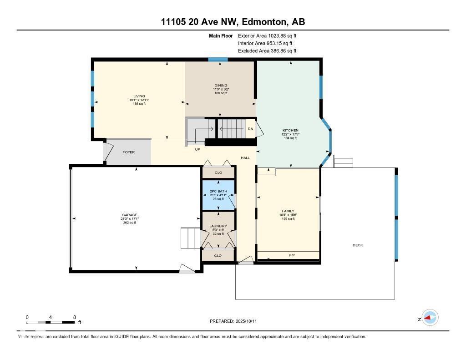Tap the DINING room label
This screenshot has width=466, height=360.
pos(220,86)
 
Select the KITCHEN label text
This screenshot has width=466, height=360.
pos(290,131)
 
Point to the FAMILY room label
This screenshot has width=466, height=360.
pos(288,211)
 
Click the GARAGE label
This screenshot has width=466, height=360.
pos(129,215)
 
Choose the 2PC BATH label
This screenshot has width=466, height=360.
pos(218,191)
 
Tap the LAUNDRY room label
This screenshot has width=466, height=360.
pos(218,226)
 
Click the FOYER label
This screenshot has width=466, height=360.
pos(129,152)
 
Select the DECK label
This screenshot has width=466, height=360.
pos(358,245)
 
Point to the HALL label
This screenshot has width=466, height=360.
pos(245,157)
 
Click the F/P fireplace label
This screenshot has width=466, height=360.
pos(292,255)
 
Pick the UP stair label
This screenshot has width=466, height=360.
pos(198,149)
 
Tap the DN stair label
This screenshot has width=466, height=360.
pos(250,129)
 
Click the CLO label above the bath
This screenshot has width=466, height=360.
pos(218,173)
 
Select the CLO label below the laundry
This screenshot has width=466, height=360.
pos(218,256)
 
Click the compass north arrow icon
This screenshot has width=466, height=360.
pos(430,318)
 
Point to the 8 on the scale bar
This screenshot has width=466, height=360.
pos(74,317)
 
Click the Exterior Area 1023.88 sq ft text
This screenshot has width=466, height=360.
pos(267,35)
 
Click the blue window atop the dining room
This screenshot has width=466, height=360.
pos(218,59)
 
